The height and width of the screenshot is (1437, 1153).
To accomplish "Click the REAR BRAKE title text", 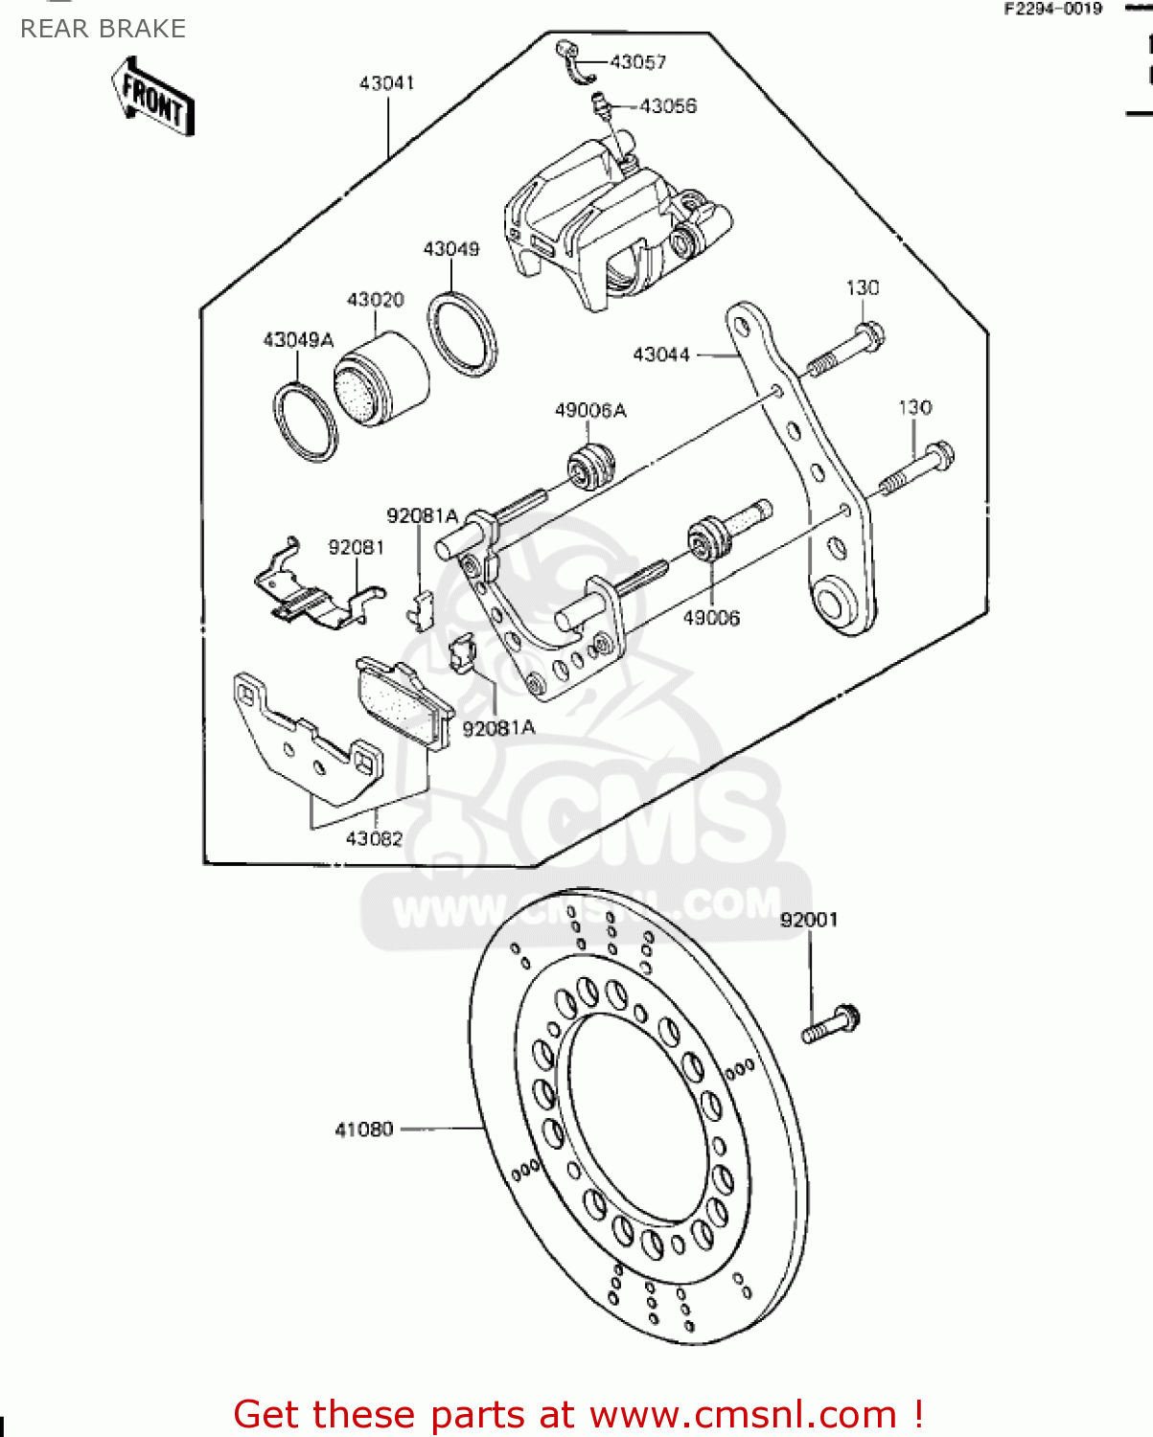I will [103, 29].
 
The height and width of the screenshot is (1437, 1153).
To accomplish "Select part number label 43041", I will [386, 83].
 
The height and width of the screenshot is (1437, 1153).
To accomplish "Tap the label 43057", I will [637, 62].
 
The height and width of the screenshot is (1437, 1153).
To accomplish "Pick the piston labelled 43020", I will [380, 379].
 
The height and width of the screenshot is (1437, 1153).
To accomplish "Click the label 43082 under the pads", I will [374, 838].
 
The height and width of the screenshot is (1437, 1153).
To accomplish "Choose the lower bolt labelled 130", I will [916, 468].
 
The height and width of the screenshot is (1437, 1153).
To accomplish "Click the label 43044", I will [661, 354].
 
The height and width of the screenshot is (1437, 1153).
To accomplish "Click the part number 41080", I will [364, 1129].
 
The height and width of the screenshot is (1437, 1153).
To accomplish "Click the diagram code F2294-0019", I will [1052, 9].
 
